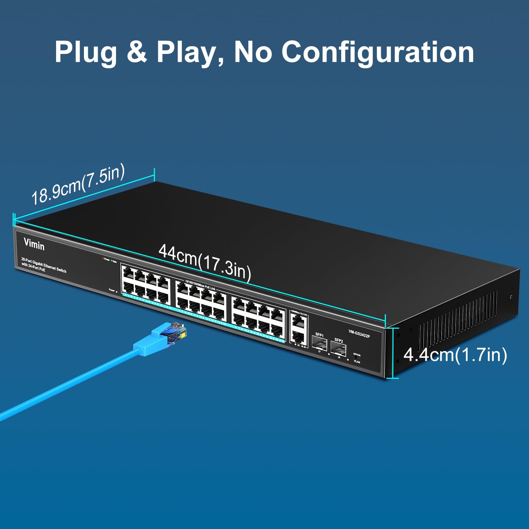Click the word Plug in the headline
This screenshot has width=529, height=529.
pos(86,52)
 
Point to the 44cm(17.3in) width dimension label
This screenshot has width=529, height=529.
pos(205,262)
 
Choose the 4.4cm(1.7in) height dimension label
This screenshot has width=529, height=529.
pos(455,354)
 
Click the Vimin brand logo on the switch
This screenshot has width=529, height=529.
pos(34,244)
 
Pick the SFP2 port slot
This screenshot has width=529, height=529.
pos(339,349)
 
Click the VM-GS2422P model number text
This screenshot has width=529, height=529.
pos(359,334)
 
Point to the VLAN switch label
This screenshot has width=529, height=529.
pos(357,361)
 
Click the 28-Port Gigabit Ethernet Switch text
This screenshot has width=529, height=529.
pos(44,265)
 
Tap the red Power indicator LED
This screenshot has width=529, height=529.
pos(103,259)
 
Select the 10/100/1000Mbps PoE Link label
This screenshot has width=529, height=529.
pos(200,285)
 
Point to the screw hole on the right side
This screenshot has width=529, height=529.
pos(511,297)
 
